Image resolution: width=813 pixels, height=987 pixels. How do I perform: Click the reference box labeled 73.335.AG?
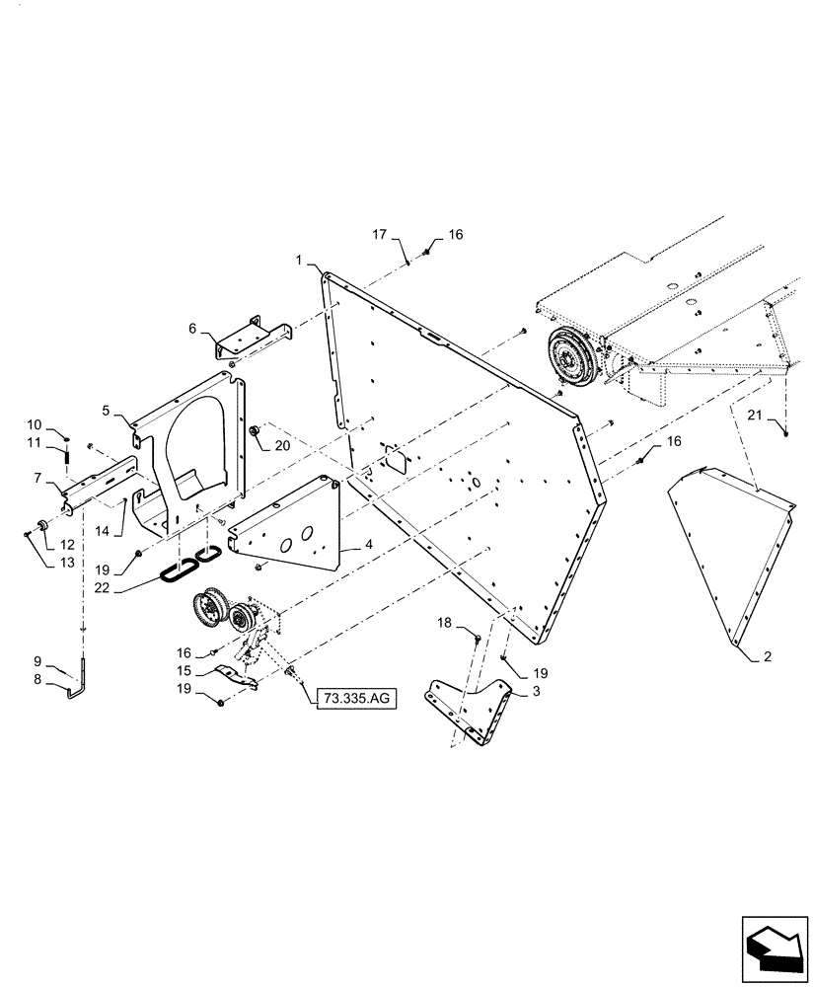[x=355, y=699]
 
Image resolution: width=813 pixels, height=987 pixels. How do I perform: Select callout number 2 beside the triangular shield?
[x=768, y=654]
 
